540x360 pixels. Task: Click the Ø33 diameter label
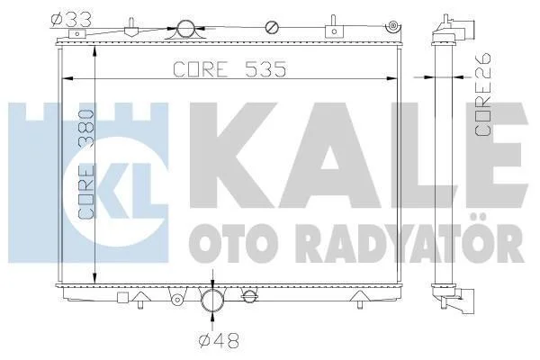(x=71, y=20)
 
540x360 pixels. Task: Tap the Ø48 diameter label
(x=219, y=341)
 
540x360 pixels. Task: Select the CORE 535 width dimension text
(x=229, y=69)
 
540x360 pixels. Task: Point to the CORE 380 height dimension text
(x=86, y=165)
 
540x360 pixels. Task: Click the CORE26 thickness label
(x=482, y=94)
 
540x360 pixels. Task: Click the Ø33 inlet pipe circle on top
(x=185, y=29)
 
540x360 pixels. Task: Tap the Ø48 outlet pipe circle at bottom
(x=212, y=300)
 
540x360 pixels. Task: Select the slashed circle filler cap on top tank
(x=272, y=28)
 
